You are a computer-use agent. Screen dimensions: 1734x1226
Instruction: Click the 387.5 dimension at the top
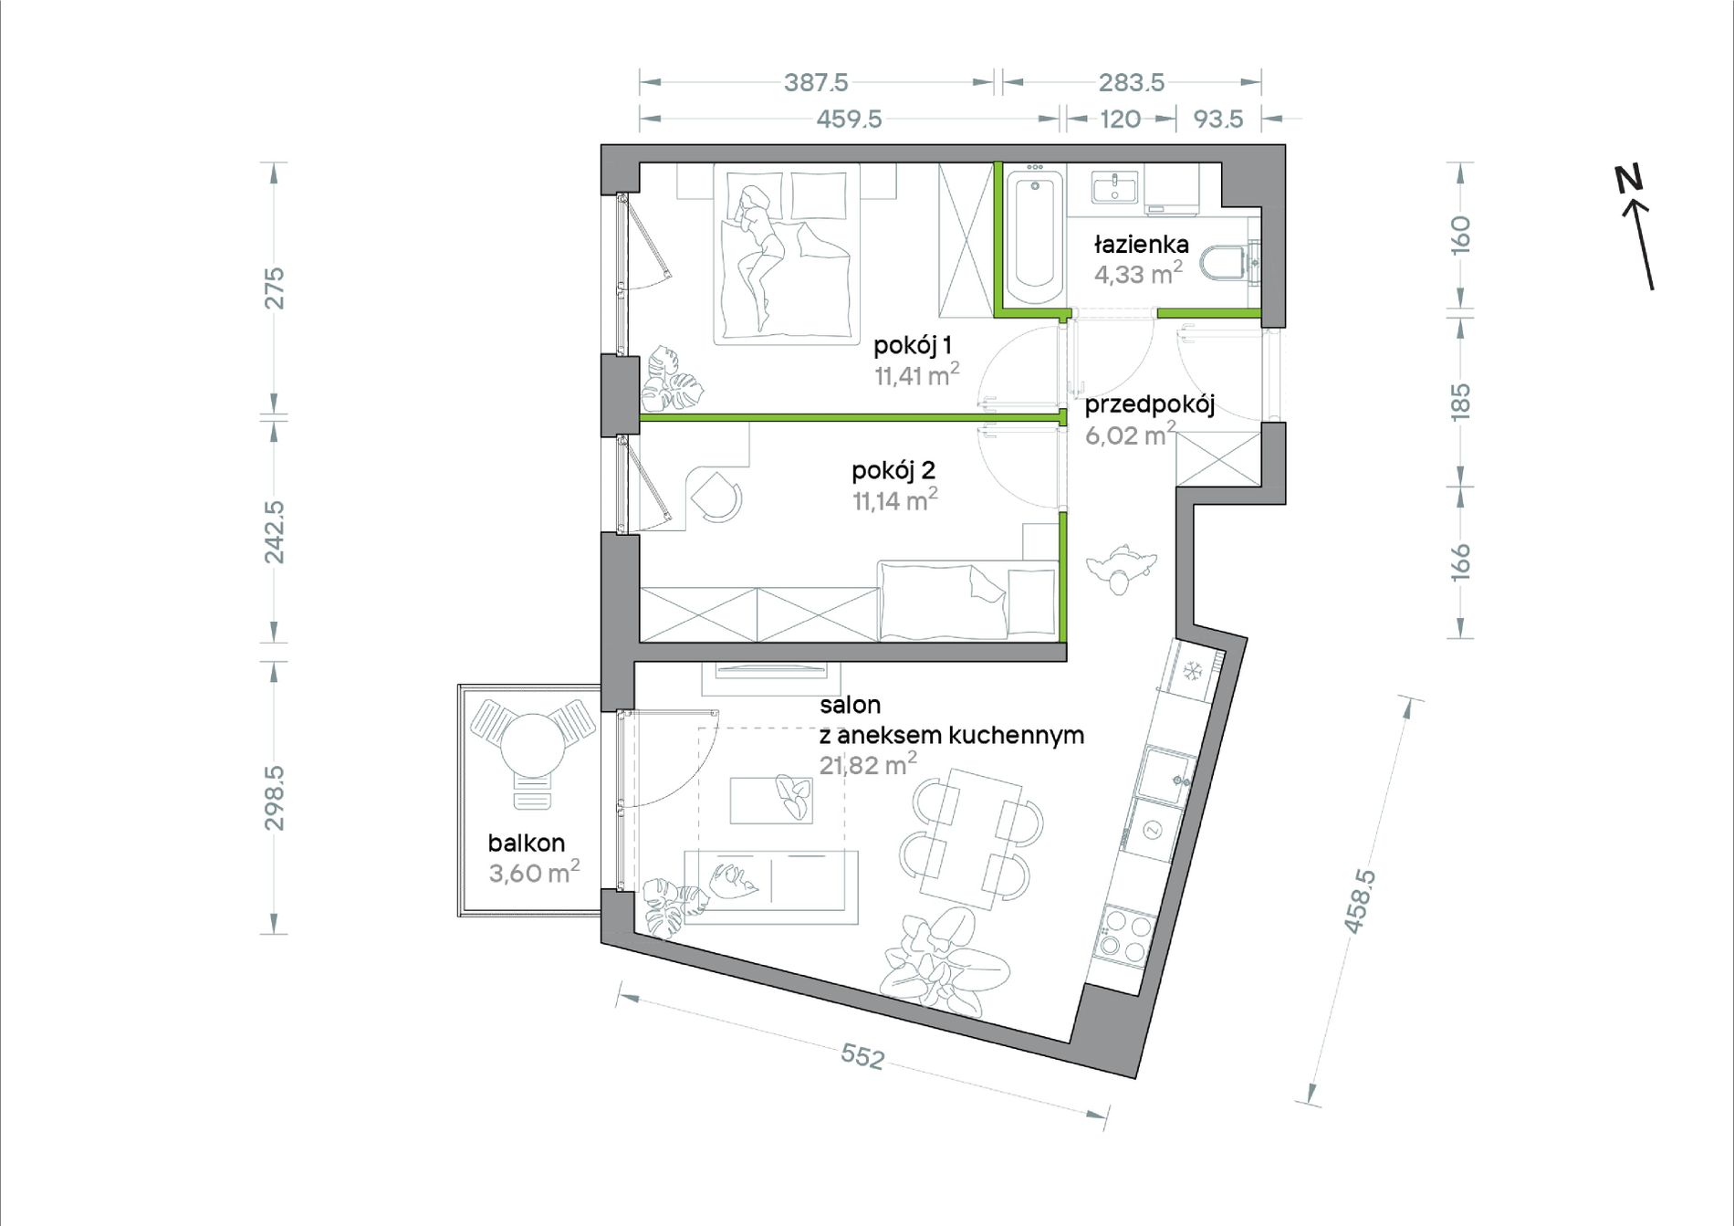tap(816, 82)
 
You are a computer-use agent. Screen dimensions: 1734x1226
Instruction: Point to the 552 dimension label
tap(862, 1056)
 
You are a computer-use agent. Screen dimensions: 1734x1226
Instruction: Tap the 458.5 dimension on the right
tap(1359, 901)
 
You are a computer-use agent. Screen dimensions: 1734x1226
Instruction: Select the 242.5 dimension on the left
tap(274, 531)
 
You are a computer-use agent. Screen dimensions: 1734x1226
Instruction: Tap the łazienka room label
tap(1141, 245)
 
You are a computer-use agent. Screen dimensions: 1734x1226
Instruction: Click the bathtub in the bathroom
tap(1034, 235)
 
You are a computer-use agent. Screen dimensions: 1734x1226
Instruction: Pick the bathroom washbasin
tap(1114, 189)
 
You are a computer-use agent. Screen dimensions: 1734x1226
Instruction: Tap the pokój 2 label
tap(893, 471)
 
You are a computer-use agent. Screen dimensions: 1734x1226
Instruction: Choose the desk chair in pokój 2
tap(716, 498)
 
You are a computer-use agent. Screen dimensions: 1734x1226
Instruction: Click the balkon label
tap(526, 843)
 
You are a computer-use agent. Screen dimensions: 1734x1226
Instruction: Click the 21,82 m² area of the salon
tap(867, 765)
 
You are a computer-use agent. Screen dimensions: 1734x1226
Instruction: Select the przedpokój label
tap(1149, 405)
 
